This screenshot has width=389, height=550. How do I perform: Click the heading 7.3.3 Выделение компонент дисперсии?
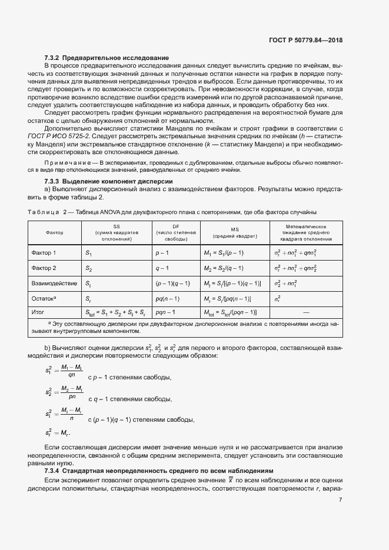click(x=109, y=182)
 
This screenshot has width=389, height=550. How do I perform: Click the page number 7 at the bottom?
click(x=341, y=500)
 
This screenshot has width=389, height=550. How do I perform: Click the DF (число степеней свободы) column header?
click(x=176, y=233)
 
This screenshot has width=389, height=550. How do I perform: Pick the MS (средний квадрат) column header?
click(x=235, y=233)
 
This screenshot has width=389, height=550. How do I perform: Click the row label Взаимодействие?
click(x=54, y=284)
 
